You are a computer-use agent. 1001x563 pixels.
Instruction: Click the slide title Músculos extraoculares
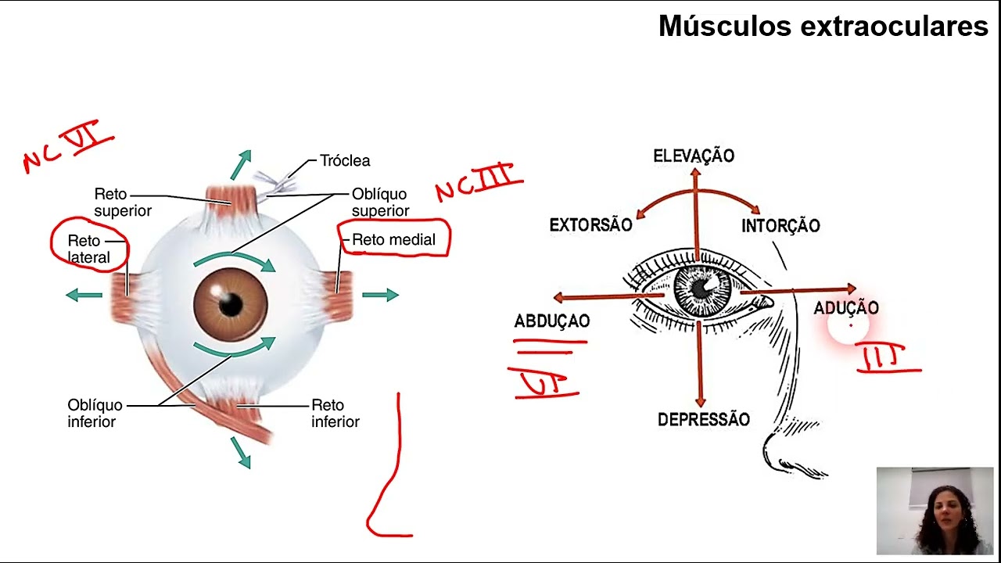pos(823,26)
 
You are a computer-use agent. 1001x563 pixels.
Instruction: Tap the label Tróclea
pos(345,160)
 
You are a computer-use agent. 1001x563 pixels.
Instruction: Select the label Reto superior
pos(123,202)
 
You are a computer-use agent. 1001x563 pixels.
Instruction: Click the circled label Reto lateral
pos(88,249)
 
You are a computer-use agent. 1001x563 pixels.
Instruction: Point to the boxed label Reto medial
pos(393,240)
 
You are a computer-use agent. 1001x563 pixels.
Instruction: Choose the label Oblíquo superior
pos(380,202)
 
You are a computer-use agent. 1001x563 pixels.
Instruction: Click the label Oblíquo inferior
pos(95,414)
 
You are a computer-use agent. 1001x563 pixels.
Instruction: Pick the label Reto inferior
pos(335,414)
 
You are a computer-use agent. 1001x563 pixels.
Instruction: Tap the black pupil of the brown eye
pos(231,304)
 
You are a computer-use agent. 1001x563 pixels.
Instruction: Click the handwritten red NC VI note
pos(69,146)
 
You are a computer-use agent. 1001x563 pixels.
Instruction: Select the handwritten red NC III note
pos(478,182)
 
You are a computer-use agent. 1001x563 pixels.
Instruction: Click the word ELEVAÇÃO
pos(694,156)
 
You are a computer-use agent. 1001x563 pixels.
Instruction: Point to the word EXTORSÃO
pos(590,225)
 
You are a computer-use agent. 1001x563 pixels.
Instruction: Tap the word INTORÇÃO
pos(780,226)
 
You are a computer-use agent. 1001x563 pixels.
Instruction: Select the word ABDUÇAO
pos(551,321)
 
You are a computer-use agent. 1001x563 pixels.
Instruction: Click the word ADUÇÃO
pos(846,308)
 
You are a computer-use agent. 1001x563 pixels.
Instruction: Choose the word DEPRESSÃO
pos(703,420)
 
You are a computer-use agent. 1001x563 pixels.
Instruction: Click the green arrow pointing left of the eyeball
pos(84,295)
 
